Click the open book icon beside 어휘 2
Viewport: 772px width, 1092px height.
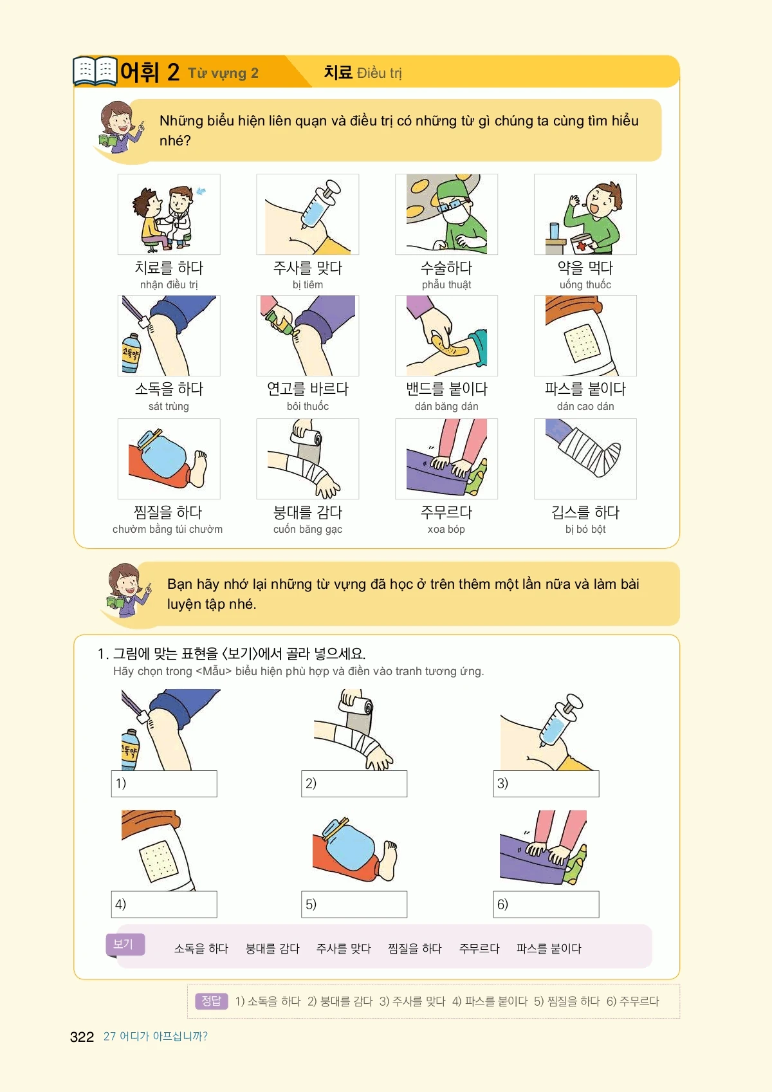click(95, 71)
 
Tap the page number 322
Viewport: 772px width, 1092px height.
click(82, 1037)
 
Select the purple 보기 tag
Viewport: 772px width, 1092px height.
click(125, 944)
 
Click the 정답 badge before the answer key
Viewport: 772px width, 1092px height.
click(212, 1001)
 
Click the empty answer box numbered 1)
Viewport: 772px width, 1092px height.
click(164, 783)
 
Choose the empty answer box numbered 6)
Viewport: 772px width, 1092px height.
click(546, 904)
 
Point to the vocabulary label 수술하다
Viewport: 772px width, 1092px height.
click(446, 268)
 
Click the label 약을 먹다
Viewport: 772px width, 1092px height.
click(585, 268)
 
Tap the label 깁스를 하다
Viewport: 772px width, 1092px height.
click(585, 512)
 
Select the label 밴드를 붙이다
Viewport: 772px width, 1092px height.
click(446, 389)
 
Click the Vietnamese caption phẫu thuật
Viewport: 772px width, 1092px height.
click(446, 284)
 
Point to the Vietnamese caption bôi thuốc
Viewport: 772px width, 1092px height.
click(308, 406)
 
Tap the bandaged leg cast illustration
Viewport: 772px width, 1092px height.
click(584, 450)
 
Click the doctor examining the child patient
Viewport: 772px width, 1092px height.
click(180, 216)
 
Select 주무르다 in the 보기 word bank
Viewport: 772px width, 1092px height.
click(479, 949)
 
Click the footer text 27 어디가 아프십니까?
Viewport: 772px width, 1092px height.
click(156, 1037)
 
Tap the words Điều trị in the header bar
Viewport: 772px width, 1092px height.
click(379, 73)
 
